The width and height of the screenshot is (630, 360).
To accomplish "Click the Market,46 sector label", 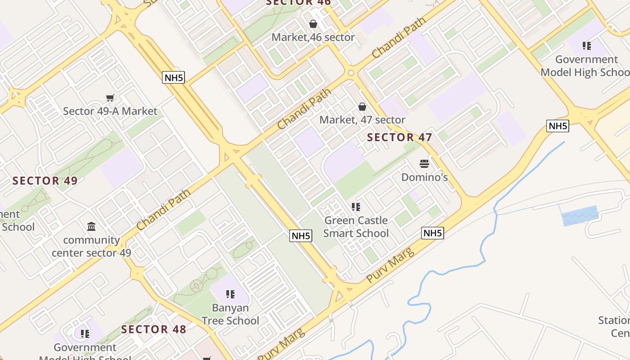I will (x=313, y=37).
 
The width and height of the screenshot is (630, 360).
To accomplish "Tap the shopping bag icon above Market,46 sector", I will (x=313, y=24).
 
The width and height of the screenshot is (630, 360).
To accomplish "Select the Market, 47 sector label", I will (x=362, y=120).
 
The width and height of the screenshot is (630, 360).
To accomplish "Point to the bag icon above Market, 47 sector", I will (x=362, y=107).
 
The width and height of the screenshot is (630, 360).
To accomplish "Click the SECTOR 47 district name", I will (x=400, y=138).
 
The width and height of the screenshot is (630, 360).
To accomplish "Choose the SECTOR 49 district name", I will (x=45, y=181).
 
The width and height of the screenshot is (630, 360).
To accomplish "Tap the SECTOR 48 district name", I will (x=153, y=329).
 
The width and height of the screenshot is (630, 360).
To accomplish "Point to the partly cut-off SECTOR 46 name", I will (x=298, y=3).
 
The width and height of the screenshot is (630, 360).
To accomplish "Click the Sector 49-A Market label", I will (x=110, y=111).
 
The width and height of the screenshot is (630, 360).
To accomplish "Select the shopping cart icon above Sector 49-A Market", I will (x=110, y=98).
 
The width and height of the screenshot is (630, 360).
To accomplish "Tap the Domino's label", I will (x=424, y=177).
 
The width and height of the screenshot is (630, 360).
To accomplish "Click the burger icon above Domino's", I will (x=424, y=164).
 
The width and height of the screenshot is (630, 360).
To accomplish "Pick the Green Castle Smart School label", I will (x=356, y=227).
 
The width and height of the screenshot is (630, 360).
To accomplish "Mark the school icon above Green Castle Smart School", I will (x=356, y=207).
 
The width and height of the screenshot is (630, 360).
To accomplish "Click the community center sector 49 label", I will (x=91, y=246).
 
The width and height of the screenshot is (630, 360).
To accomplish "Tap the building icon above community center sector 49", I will (x=91, y=226).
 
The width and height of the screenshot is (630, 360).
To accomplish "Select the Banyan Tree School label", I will (x=230, y=314).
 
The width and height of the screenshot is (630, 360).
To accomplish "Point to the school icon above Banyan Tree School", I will (x=230, y=294).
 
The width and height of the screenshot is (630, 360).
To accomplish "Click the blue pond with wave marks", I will (x=580, y=216).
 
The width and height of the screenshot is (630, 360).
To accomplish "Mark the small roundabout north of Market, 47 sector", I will (x=351, y=72).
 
